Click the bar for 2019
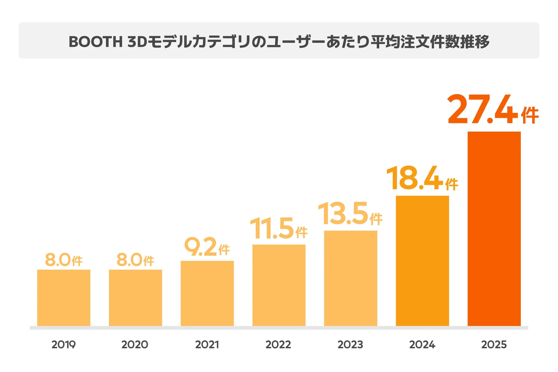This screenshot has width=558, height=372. (64, 298)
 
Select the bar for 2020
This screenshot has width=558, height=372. (135, 298)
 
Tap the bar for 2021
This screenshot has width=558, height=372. (207, 293)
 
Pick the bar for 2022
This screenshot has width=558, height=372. (279, 285)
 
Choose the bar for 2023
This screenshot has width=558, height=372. (351, 278)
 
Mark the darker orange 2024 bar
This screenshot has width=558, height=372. (422, 261)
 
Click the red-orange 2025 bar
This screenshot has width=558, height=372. (494, 229)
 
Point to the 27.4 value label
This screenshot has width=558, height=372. (492, 109)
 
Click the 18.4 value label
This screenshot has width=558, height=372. (421, 178)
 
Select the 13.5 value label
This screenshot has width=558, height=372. (350, 213)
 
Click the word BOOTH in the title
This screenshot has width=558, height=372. (96, 42)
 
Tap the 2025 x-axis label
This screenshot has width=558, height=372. (494, 345)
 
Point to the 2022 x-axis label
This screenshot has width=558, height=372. (278, 345)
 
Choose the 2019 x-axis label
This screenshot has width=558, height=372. (64, 345)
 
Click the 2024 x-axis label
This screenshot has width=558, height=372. (422, 345)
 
